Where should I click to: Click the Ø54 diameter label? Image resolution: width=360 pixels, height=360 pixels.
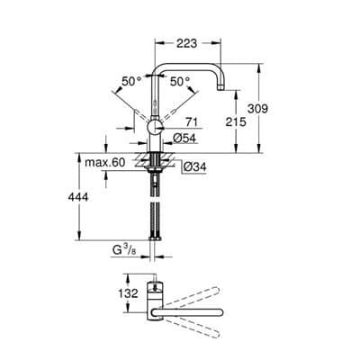[185, 138]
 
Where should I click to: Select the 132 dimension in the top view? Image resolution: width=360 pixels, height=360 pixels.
[129, 292]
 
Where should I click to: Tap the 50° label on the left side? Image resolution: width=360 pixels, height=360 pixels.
[131, 81]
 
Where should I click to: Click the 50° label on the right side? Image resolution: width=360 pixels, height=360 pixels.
[181, 81]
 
